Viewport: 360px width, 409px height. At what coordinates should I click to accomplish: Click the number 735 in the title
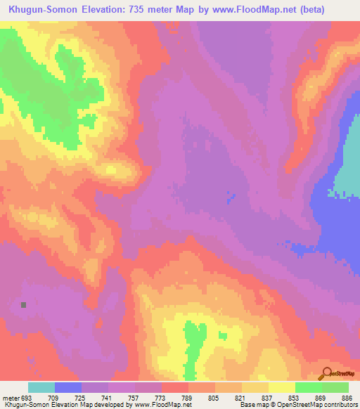click(x=140, y=10)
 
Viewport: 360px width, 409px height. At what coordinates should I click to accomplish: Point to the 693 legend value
click(x=27, y=397)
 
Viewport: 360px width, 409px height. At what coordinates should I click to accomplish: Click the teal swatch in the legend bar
click(x=41, y=387)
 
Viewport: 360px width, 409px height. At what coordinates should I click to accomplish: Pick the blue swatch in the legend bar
click(x=68, y=387)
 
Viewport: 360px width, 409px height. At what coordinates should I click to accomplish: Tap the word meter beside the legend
click(x=11, y=397)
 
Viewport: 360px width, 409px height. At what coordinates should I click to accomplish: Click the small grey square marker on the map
click(x=24, y=305)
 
